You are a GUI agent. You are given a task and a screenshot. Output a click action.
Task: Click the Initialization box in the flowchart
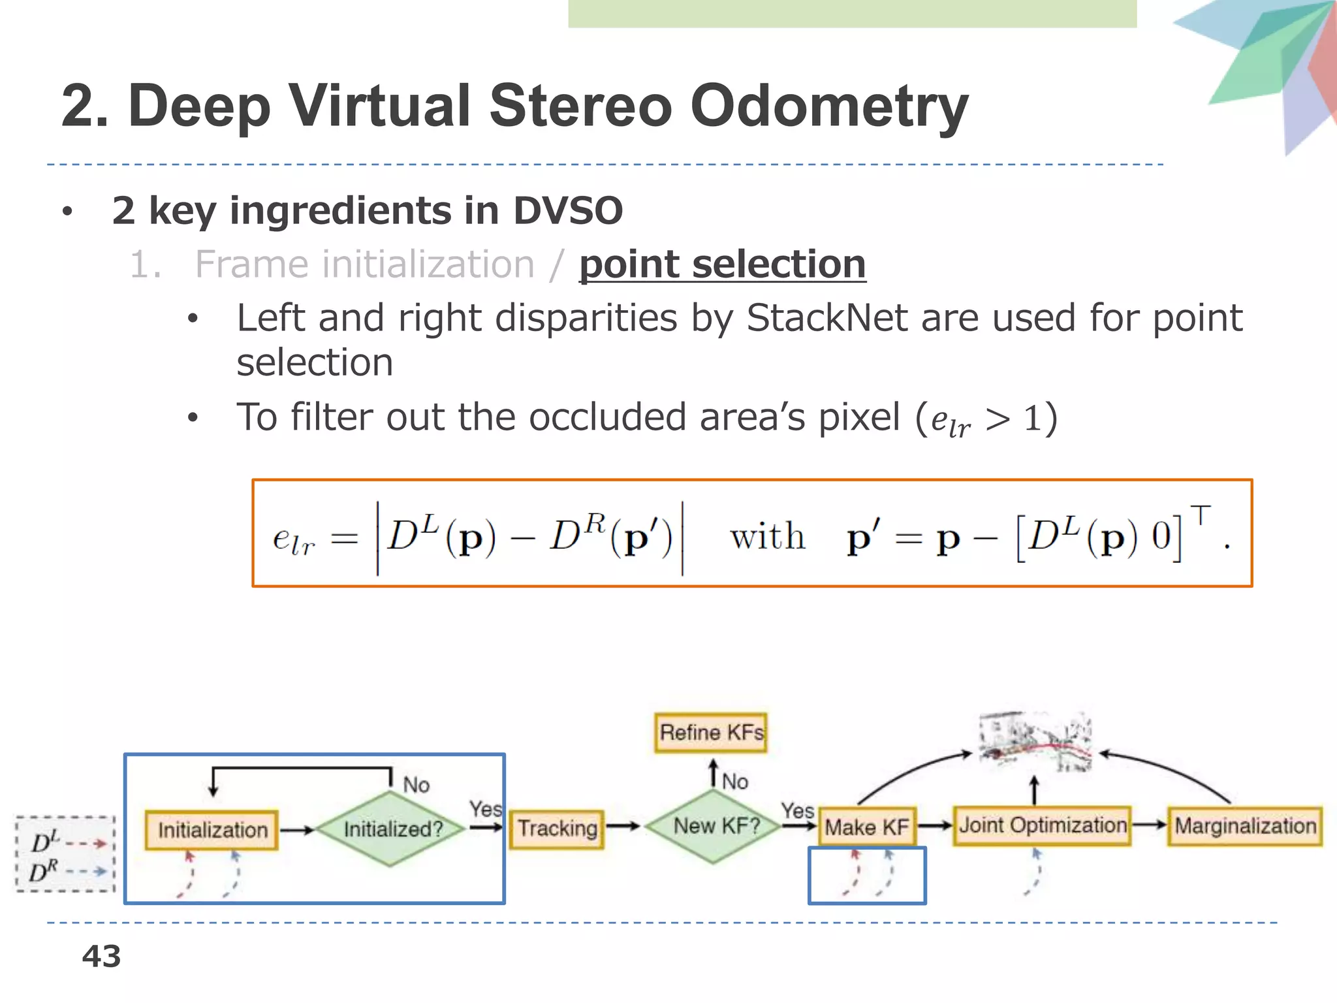click(x=212, y=830)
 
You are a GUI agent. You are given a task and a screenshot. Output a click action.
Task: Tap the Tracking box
click(x=557, y=829)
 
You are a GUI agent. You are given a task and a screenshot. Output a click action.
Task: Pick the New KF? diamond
click(x=716, y=826)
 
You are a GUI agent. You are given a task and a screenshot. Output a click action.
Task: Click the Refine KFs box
click(x=711, y=733)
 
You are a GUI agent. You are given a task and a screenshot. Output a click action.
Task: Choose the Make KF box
click(x=866, y=827)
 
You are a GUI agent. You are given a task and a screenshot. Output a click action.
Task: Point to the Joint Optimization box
click(x=1042, y=825)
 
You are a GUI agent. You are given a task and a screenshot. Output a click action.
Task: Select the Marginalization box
click(x=1245, y=826)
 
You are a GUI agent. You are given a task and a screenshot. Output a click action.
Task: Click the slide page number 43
click(x=101, y=957)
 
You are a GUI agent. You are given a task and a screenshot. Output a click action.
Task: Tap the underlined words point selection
click(x=722, y=264)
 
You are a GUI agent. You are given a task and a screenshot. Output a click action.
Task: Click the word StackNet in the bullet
click(x=826, y=319)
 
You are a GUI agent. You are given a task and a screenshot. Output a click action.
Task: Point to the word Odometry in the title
click(x=829, y=106)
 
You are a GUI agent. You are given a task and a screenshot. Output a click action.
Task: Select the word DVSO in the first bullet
click(x=568, y=210)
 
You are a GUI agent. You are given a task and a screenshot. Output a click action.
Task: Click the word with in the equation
click(x=767, y=537)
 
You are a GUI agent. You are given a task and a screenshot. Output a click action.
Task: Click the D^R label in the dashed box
click(x=44, y=872)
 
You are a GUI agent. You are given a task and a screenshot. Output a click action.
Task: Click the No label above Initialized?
click(x=416, y=784)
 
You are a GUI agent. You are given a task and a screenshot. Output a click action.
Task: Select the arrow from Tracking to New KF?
click(x=623, y=826)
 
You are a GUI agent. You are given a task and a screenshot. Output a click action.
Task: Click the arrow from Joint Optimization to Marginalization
click(x=1149, y=825)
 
